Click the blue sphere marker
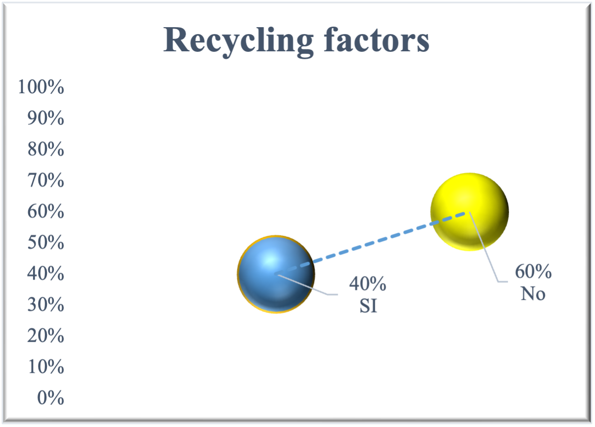276,274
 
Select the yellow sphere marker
469,212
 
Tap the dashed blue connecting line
375,242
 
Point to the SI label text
368,306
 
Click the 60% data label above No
533,272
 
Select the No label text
533,294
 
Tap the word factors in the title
376,41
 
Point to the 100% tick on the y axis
41,88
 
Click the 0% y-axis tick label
50,398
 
